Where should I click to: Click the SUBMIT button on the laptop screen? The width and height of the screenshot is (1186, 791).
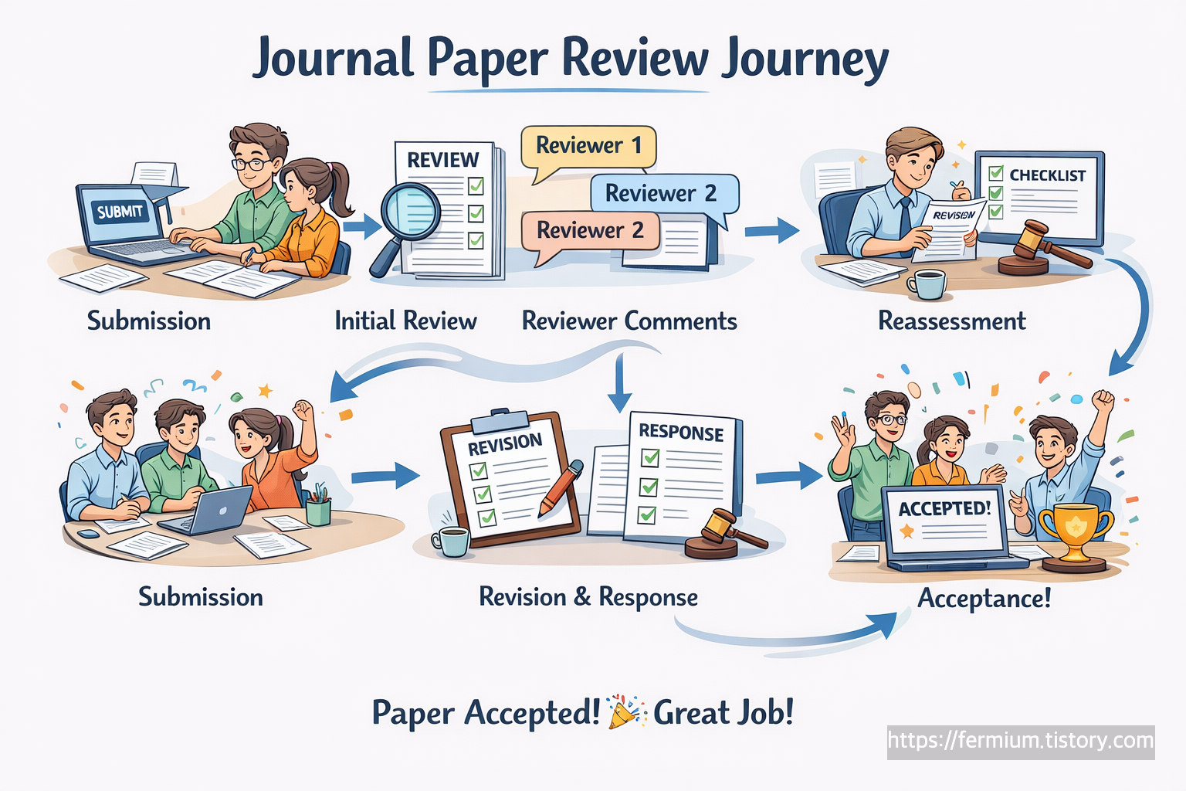click(x=120, y=211)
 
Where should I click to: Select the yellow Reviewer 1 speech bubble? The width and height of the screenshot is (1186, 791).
click(x=588, y=146)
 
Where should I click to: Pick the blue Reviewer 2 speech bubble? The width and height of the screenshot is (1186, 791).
click(x=662, y=193)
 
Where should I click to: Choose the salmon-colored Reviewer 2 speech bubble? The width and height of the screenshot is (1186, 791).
click(x=590, y=230)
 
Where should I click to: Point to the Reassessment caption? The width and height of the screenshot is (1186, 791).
click(x=952, y=321)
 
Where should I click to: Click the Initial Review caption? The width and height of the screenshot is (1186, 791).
click(x=405, y=321)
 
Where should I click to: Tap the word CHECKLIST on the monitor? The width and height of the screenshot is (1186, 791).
click(x=1047, y=175)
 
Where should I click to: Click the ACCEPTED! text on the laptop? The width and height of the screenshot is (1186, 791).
click(x=944, y=508)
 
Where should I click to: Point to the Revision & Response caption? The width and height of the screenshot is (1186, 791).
click(x=588, y=597)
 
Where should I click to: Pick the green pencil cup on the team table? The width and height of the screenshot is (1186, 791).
click(x=318, y=510)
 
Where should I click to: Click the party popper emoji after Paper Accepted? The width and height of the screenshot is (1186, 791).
click(x=625, y=712)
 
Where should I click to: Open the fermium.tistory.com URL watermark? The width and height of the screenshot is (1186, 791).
click(x=1021, y=741)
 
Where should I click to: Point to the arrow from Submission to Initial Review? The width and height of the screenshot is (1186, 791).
click(x=361, y=226)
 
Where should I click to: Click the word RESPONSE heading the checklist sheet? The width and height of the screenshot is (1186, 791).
click(x=680, y=432)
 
